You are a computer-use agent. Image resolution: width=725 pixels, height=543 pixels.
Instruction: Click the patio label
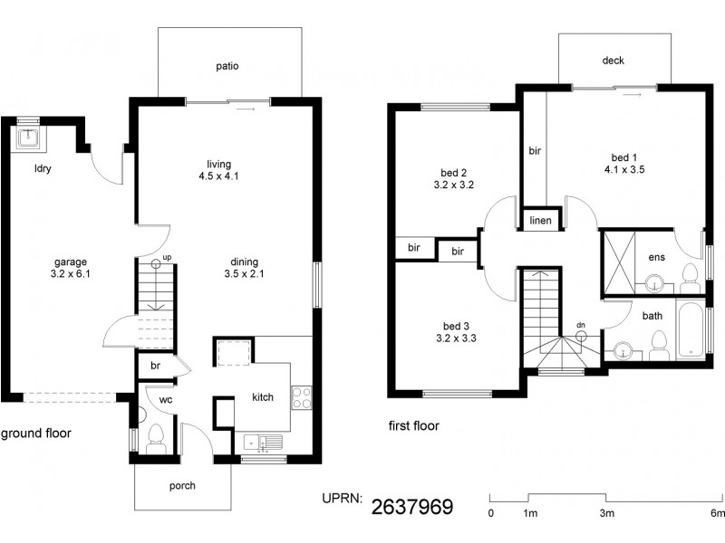coord(227,66)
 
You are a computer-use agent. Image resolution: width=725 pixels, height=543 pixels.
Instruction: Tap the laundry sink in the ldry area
coord(29,138)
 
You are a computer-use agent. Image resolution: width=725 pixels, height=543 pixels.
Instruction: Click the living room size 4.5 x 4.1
coord(221,177)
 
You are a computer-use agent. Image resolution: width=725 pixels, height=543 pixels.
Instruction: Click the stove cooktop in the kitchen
coord(302,396)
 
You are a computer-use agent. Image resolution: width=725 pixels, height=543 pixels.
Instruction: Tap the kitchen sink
coord(264,442)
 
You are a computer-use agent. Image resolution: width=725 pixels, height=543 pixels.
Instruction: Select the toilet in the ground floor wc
coord(155,439)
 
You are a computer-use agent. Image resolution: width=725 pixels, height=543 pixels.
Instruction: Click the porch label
coord(182,486)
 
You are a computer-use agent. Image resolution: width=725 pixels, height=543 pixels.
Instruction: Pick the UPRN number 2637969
coord(413,506)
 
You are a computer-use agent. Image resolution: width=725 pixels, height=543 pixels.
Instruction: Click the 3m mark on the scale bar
coord(606,513)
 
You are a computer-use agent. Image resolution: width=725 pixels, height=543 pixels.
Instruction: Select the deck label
coord(613,62)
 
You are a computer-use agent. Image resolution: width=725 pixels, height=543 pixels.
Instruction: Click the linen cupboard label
coord(541,221)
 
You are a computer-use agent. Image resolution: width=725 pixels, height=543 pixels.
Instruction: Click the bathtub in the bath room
coord(689,330)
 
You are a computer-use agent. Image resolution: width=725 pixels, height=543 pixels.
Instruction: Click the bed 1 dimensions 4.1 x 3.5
coord(623,168)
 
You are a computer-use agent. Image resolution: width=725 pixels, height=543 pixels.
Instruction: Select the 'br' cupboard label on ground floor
coord(155,365)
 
